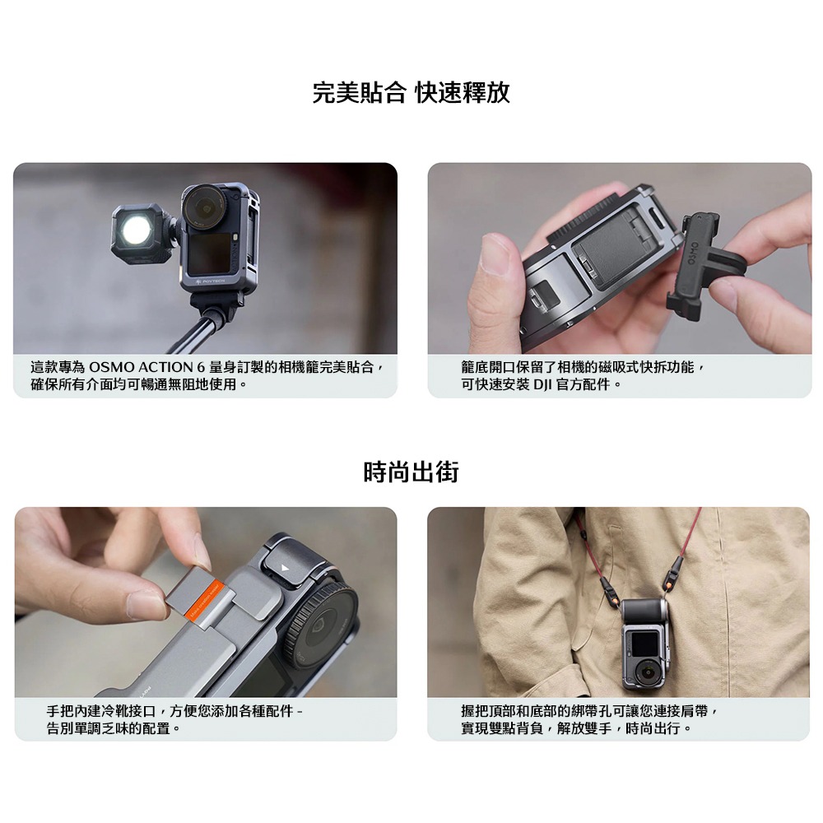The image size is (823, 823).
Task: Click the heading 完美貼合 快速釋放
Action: point(411,93)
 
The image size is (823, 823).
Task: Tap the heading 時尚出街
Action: point(411,472)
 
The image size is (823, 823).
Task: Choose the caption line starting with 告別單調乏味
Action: point(114,728)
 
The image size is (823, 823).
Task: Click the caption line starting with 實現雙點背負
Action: point(576,728)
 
